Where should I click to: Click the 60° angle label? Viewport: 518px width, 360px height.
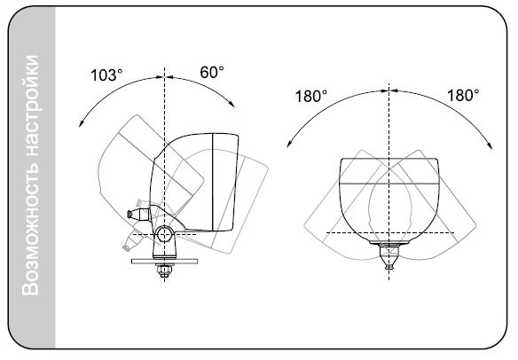click(212, 73)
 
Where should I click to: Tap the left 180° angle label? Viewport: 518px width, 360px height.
click(310, 96)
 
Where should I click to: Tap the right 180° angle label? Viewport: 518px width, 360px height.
click(463, 95)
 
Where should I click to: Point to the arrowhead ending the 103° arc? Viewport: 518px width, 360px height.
click(81, 123)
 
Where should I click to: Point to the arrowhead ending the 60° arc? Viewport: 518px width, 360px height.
click(232, 104)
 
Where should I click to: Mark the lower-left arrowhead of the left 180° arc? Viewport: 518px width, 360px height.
click(288, 144)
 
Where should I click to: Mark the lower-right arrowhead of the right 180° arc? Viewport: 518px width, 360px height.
click(491, 145)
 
